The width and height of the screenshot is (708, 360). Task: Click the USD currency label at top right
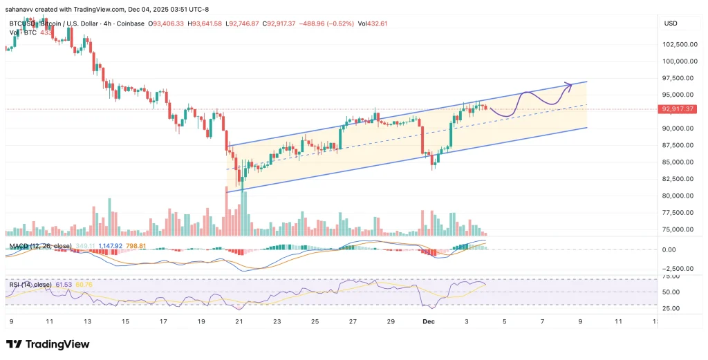click(670, 23)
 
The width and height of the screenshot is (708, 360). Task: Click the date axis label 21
click(238, 322)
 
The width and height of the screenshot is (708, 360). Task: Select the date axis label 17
click(163, 322)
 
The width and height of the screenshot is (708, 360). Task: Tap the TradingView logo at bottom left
click(48, 344)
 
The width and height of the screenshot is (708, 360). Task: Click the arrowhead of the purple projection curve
click(569, 86)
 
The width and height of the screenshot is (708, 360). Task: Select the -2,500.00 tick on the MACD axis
click(673, 269)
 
